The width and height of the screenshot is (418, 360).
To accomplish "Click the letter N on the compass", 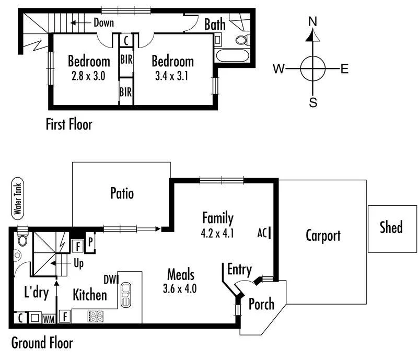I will pyautogui.click(x=313, y=21).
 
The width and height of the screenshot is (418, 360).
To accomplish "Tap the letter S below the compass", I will pyautogui.click(x=313, y=102).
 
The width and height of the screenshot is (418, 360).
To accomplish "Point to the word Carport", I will pyautogui.click(x=323, y=236).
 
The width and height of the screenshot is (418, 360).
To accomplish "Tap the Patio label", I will pyautogui.click(x=122, y=194).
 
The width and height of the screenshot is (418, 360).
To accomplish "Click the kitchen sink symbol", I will pyautogui.click(x=126, y=295).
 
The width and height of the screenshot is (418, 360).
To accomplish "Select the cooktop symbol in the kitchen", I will pyautogui.click(x=96, y=316).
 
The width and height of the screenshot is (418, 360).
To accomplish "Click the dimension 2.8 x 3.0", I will pyautogui.click(x=89, y=75).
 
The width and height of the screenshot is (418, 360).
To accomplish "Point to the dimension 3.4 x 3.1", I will pyautogui.click(x=172, y=75).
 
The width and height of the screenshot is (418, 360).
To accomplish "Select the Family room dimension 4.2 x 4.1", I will pyautogui.click(x=218, y=233).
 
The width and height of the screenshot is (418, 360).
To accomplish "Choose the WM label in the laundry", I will pyautogui.click(x=49, y=317).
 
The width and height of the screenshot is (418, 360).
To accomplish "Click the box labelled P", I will pyautogui.click(x=90, y=242).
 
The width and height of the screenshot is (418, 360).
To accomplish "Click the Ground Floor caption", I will pyautogui.click(x=41, y=343).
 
